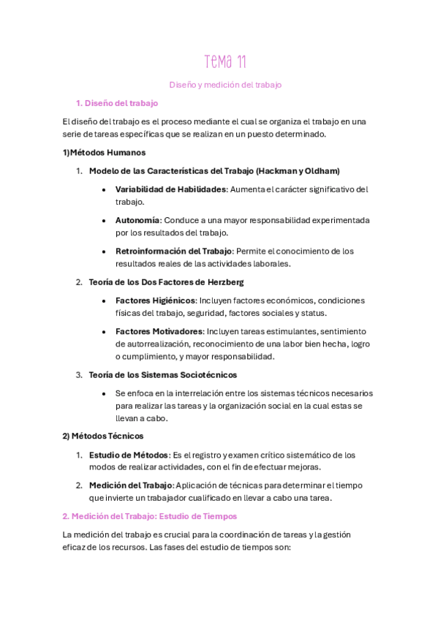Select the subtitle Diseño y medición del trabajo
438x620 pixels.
tap(219, 85)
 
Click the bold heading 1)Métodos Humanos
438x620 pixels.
tap(104, 153)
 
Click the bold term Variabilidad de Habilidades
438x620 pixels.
tap(171, 189)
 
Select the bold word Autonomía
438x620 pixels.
tap(137, 220)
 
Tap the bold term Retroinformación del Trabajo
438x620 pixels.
tap(173, 251)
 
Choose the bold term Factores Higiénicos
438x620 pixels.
tap(155, 300)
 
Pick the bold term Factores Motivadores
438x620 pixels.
tap(159, 331)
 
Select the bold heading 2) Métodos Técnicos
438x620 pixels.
tap(102, 436)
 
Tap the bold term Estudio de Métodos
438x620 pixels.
tap(129, 455)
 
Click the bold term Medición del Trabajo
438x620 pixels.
tap(131, 485)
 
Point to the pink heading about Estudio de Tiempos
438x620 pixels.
tap(139, 516)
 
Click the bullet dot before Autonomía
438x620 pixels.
tap(107, 220)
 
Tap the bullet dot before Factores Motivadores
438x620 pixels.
tap(107, 331)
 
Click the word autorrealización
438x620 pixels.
tap(151, 344)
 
